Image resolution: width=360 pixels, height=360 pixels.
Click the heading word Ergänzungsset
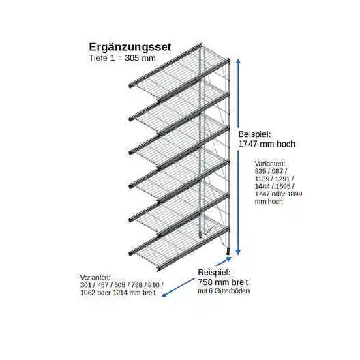click(x=130, y=48)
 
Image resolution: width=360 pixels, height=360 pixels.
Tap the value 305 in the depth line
click(x=132, y=58)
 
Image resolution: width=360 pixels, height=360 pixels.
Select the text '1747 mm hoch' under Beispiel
click(x=267, y=144)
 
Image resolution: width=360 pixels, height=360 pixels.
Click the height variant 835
click(x=260, y=171)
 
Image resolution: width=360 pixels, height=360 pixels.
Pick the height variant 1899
click(x=295, y=194)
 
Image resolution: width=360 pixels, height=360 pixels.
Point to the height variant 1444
click(x=262, y=186)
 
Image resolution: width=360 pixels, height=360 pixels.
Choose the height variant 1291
click(x=283, y=179)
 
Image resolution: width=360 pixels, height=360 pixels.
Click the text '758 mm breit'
click(x=223, y=282)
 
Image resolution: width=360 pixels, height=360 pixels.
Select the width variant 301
click(x=86, y=285)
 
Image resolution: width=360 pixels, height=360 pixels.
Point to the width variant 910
click(x=153, y=285)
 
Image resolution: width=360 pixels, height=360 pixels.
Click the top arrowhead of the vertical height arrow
click(x=239, y=61)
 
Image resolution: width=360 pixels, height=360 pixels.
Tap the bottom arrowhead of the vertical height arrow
click(x=239, y=252)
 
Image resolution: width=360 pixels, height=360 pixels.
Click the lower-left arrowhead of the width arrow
click(x=164, y=295)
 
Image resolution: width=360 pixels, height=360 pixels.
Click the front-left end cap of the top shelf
click(x=130, y=85)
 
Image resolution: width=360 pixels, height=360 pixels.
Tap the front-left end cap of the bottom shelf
click(x=130, y=254)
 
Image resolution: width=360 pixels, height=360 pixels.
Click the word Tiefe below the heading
click(x=98, y=58)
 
